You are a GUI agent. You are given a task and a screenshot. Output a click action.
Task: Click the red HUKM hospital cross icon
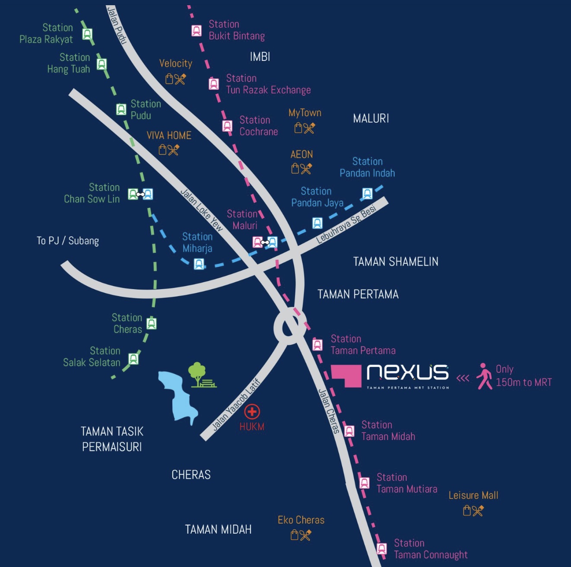pos(252,411)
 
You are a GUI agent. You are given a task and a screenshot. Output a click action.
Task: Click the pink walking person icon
pos(485,376)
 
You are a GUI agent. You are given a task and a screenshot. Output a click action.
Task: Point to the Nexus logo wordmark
pos(407,372)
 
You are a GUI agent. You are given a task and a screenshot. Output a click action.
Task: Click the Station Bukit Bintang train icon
pos(197,31)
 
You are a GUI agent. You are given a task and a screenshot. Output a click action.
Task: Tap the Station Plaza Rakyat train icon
pos(88,34)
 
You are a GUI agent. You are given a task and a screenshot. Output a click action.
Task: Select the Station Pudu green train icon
pos(121,109)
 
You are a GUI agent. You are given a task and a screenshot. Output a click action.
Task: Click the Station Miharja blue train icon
pos(199,264)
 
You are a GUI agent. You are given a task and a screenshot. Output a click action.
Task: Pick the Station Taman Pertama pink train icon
pos(317,344)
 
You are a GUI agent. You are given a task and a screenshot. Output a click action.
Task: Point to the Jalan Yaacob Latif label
pos(236,405)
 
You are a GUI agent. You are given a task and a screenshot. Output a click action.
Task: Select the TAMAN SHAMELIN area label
pos(396,261)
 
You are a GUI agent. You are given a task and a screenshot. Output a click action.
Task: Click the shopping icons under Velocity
pos(176,79)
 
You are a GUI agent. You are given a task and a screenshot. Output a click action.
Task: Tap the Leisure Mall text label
pos(473,495)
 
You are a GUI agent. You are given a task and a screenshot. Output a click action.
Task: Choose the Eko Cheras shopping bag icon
pos(295,535)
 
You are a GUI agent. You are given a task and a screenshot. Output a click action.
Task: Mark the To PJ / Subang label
pos(68,241)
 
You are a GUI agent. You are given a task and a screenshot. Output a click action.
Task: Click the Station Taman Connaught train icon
pos(382,549)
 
